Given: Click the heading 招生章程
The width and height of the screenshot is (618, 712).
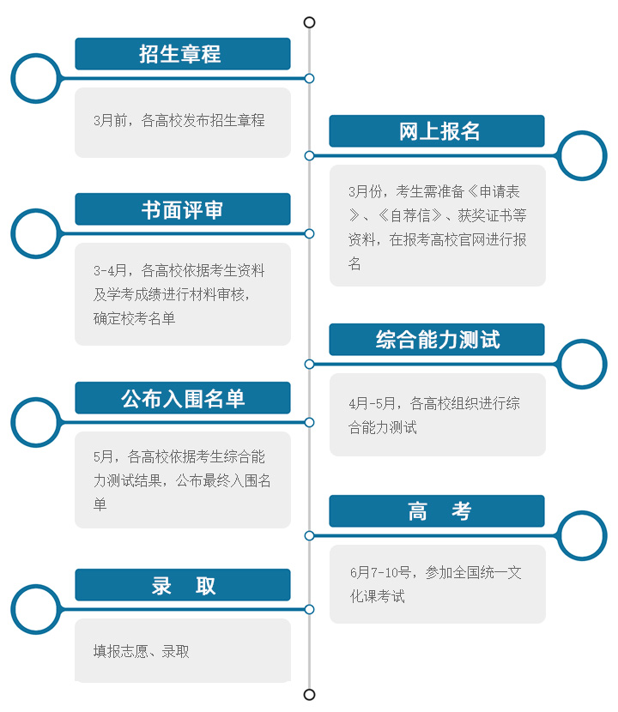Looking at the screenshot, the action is click(180, 54).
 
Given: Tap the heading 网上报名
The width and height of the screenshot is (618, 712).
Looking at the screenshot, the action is click(439, 132).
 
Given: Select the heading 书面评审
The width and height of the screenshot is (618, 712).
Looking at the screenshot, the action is click(182, 210).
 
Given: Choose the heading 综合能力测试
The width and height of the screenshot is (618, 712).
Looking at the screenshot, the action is click(438, 340).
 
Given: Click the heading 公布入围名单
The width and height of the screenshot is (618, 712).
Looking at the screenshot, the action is click(183, 399).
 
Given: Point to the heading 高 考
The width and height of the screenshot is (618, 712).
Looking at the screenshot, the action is click(439, 511).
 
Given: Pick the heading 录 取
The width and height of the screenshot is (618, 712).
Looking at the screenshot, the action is click(183, 586).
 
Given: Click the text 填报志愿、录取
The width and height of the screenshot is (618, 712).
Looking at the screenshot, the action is click(141, 652).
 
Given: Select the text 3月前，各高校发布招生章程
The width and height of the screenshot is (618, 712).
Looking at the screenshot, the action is click(179, 120).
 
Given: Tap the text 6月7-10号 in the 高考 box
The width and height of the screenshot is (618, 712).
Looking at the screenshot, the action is click(380, 572).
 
